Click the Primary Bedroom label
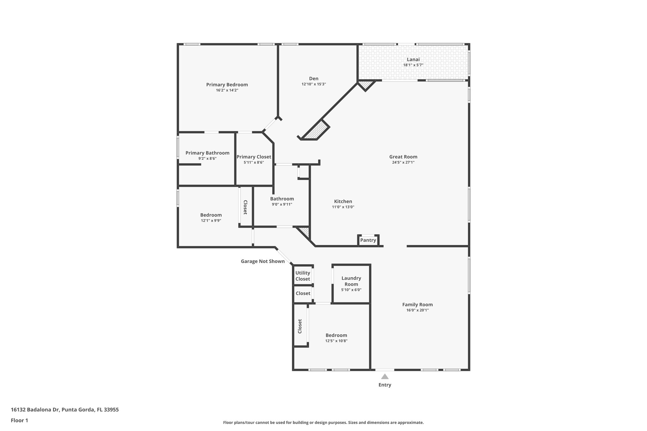227,85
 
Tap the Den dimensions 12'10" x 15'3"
313,84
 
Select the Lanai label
413,59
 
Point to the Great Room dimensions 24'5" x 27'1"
403,162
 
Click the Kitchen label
343,201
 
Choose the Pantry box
368,240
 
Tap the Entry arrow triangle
384,376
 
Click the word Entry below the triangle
384,385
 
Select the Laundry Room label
351,281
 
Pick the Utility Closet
303,276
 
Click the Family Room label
417,305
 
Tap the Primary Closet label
254,157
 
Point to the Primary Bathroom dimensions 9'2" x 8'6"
207,159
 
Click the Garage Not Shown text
263,261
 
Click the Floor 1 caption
19,420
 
